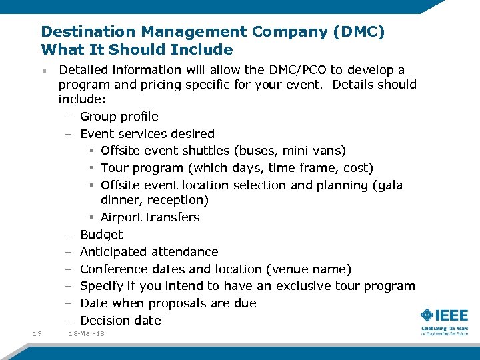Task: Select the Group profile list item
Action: pos(119,117)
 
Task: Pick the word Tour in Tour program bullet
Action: pos(114,168)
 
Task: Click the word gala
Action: pos(389,185)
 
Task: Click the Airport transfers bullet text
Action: pos(150,217)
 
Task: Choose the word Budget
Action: pos(101,235)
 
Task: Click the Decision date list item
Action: pos(120,321)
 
